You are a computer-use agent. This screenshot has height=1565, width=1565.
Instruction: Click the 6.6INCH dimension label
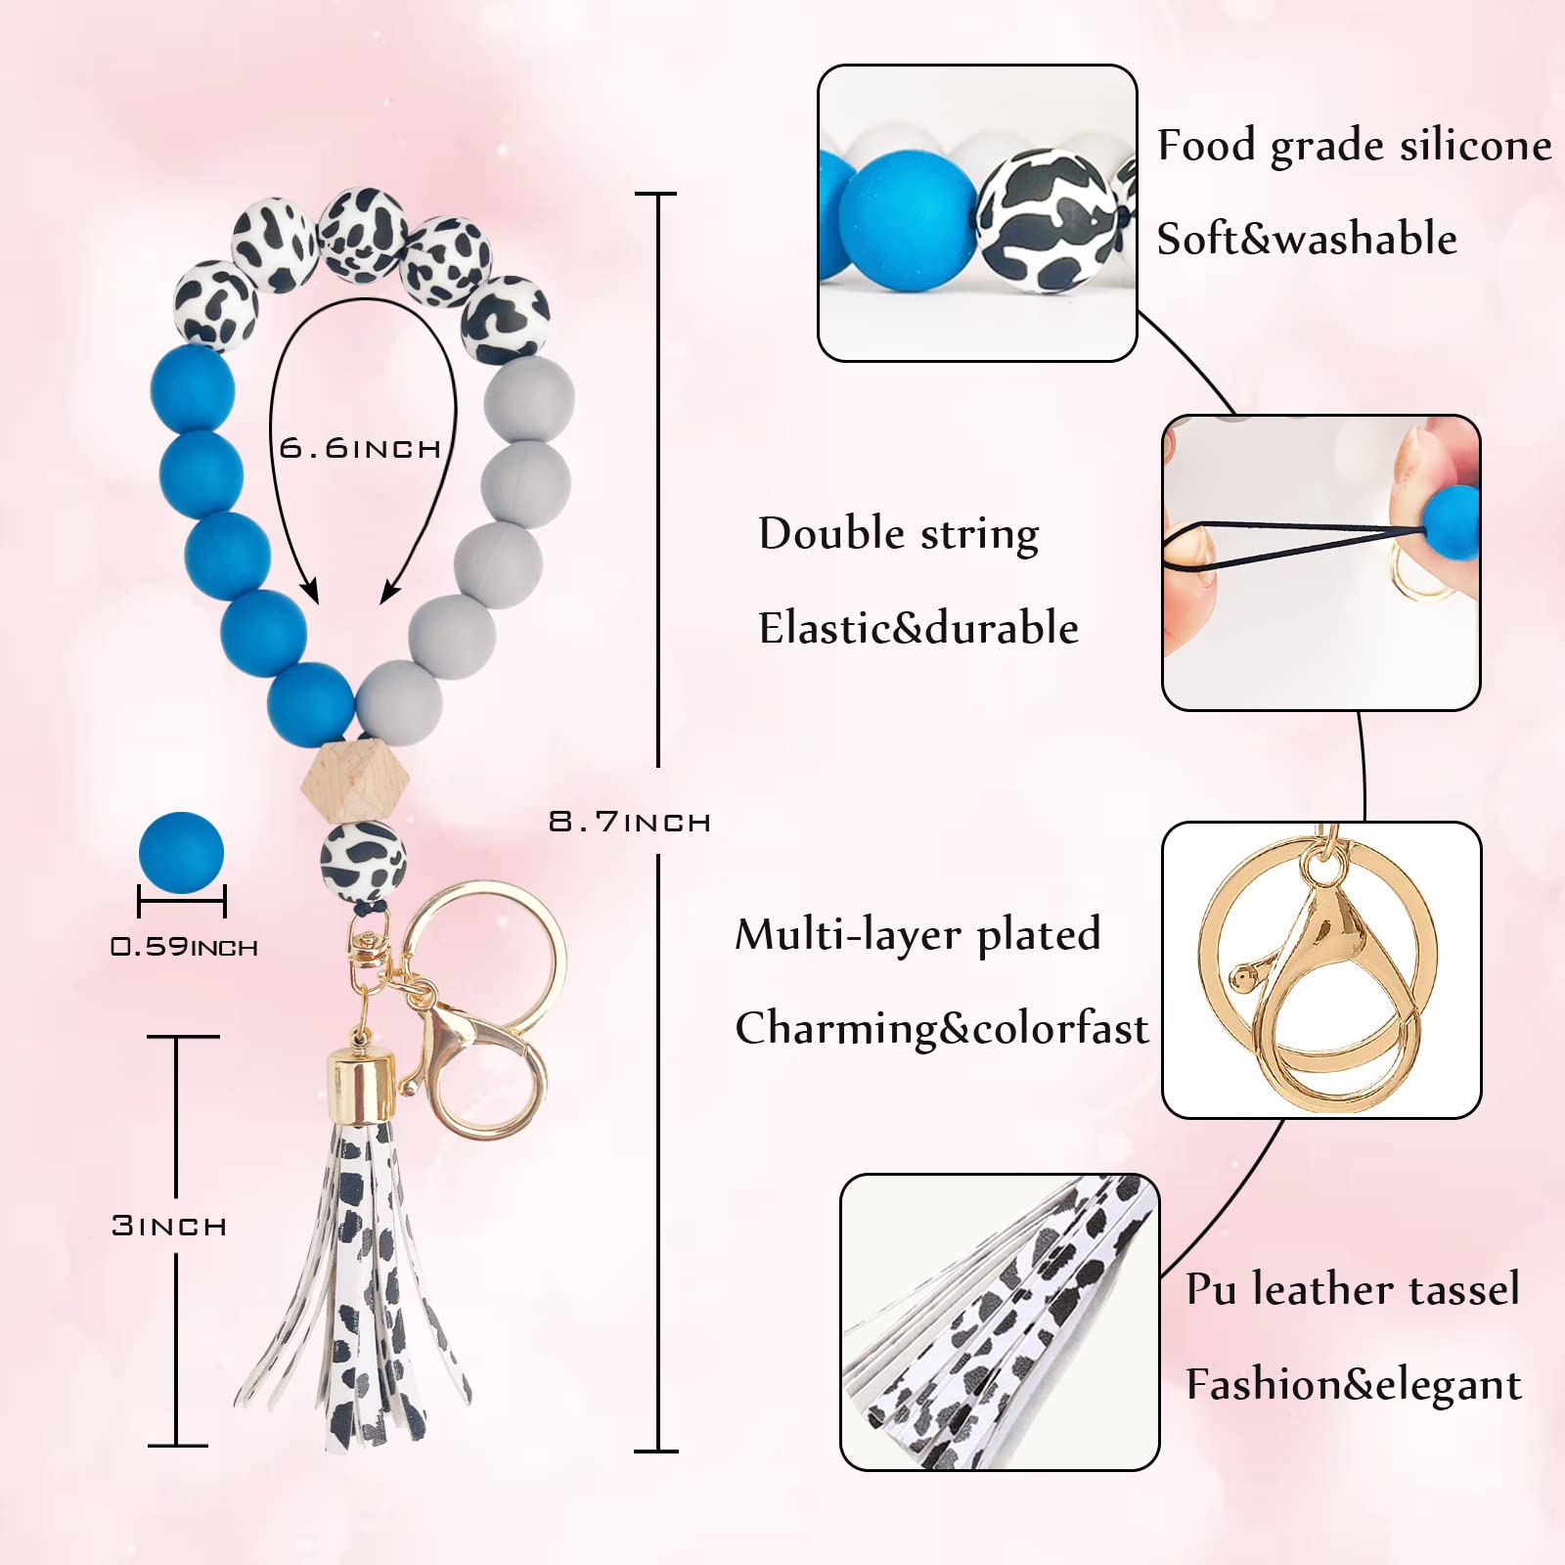(360, 448)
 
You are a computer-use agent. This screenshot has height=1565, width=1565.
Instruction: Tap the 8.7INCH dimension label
(630, 821)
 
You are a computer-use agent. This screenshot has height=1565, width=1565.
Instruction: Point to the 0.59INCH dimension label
(184, 946)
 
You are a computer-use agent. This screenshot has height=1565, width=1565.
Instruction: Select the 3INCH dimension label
(169, 1225)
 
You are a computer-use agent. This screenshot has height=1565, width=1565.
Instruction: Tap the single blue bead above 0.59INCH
(181, 854)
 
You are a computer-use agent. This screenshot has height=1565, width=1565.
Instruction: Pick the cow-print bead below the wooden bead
(363, 862)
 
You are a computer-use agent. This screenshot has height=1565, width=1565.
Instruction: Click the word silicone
(1475, 145)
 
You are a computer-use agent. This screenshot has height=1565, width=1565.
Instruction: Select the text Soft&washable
(1307, 239)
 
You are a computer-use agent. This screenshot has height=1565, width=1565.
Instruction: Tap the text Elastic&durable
(918, 628)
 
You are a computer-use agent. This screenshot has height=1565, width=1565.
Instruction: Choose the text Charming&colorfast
(942, 1029)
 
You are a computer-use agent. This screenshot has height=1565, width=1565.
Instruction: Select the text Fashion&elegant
(1354, 1385)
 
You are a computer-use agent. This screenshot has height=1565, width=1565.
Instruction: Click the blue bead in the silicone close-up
(909, 219)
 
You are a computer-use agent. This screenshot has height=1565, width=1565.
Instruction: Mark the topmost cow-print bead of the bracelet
(363, 232)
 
